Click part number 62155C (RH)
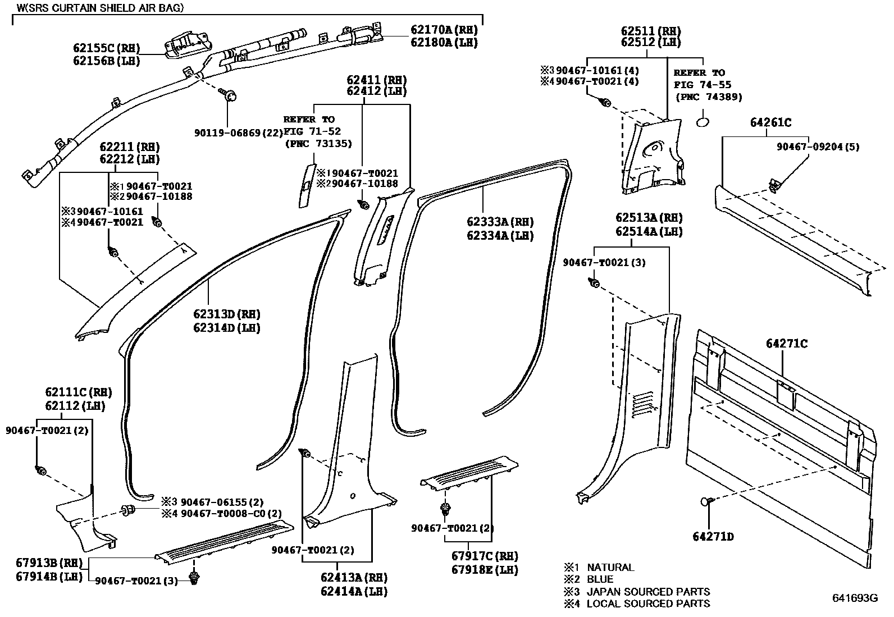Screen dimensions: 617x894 [x=106, y=48]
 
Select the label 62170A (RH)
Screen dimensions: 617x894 [x=444, y=30]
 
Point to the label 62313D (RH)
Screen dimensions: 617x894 [x=227, y=314]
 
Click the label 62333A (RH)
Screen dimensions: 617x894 [x=500, y=222]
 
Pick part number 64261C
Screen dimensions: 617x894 [x=770, y=122]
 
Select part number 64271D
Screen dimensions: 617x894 [x=713, y=537]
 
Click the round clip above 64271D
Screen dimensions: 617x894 [x=706, y=501]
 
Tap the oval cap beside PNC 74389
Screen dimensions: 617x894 [x=703, y=122]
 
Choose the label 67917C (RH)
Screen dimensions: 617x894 [x=484, y=556]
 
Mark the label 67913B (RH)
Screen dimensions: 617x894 [x=49, y=563]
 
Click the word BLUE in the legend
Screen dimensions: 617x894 [x=600, y=579]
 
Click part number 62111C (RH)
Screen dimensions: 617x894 [x=75, y=392]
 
